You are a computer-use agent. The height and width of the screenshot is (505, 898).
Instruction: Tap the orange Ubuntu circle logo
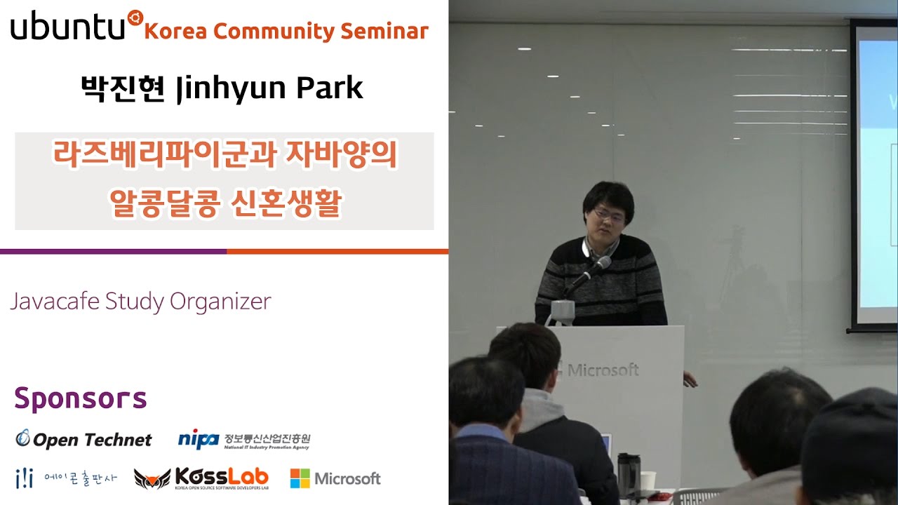tap(135, 18)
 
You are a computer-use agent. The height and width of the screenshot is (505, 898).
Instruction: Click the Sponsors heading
tap(80, 398)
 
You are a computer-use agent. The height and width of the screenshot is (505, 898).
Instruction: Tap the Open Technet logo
tap(83, 440)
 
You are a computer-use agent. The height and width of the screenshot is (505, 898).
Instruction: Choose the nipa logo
tap(199, 439)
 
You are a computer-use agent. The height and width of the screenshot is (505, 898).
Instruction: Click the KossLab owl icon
tap(152, 479)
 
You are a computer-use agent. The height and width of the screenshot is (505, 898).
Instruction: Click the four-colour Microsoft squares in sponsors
tap(300, 478)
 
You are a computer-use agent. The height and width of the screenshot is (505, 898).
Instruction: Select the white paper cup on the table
tap(648, 480)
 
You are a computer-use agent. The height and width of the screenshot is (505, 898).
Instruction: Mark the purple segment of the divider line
tap(112, 251)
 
